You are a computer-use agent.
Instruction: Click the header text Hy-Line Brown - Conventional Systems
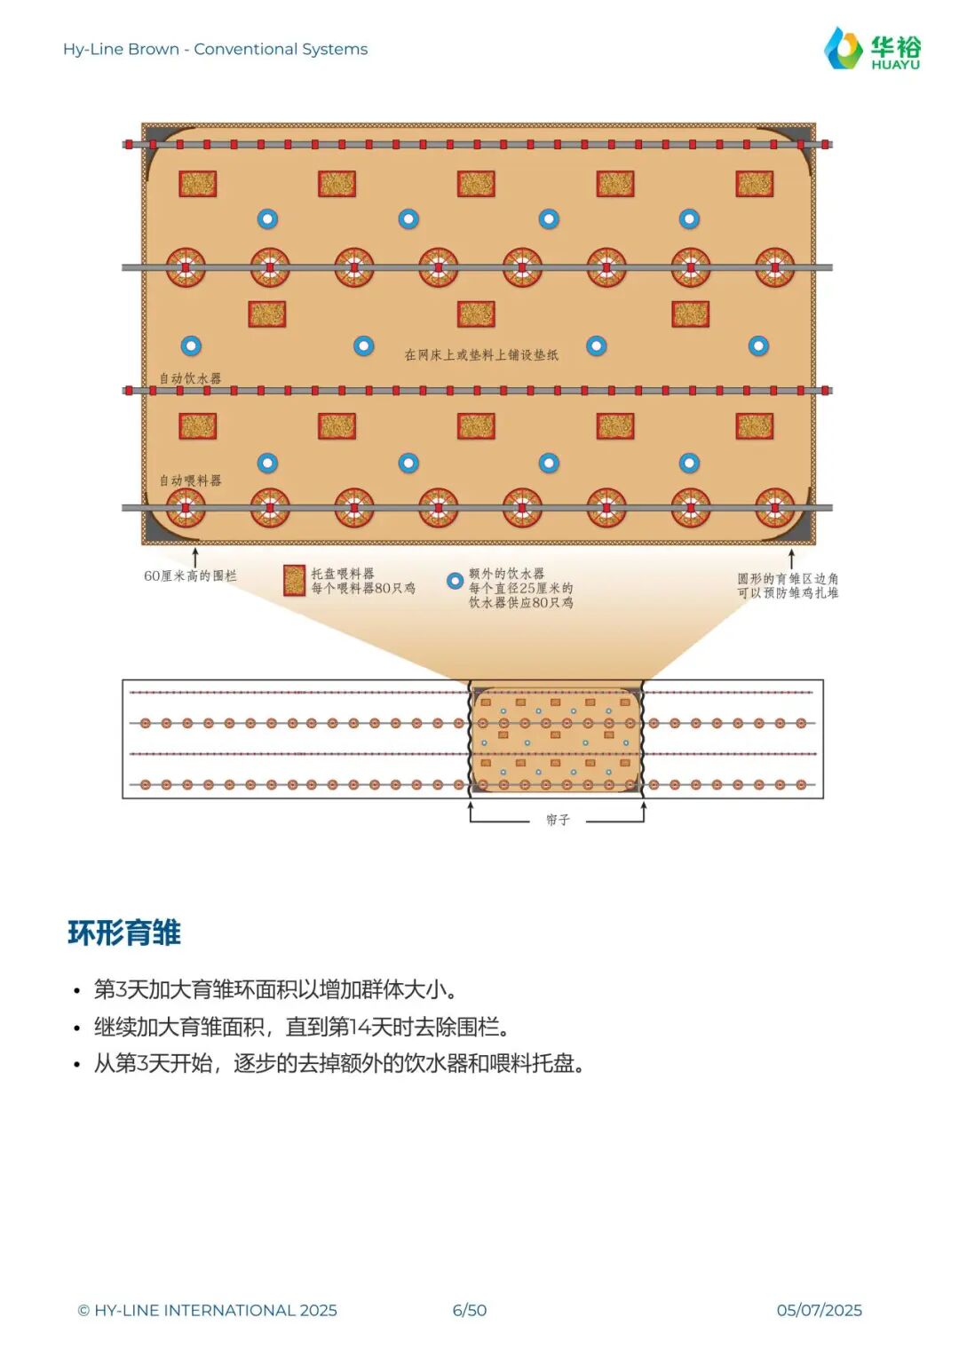pos(215,49)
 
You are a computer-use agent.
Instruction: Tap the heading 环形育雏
pos(124,932)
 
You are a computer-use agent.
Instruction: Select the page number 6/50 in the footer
pos(469,1310)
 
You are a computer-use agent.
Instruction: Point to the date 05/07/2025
pos(819,1310)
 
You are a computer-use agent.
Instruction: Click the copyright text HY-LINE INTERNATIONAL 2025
pos(208,1310)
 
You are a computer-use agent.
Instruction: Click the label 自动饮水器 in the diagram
pos(190,378)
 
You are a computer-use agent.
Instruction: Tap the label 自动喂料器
pos(190,480)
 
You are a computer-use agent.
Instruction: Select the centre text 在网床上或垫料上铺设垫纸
pos(481,354)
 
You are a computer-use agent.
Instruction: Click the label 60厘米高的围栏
pos(190,575)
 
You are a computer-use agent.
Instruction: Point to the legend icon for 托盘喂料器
pos(294,580)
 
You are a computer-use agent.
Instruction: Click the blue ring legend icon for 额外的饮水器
pos(455,581)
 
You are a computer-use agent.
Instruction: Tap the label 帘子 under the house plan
pos(558,820)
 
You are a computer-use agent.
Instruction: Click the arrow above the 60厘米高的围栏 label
pos(195,558)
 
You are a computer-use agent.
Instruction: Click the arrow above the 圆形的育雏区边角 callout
pos(791,559)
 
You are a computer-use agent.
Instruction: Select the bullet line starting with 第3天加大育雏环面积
pos(275,989)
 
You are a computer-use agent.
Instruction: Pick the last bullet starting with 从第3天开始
pos(339,1063)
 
